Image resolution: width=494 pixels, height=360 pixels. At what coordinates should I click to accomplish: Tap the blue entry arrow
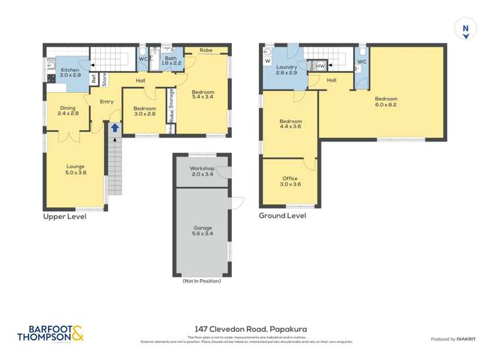tap(115, 128)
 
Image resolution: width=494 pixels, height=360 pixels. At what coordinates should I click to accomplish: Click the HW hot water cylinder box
tap(321, 66)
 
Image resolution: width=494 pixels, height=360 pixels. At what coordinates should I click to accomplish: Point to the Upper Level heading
tap(65, 217)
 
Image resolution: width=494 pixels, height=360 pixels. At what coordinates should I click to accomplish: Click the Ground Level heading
tap(282, 215)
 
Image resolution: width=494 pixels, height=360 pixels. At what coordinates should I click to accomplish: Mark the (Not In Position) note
tap(202, 281)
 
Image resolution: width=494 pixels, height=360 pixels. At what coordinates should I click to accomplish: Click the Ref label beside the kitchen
tap(94, 78)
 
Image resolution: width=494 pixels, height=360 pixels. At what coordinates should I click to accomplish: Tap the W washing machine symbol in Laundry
tap(267, 62)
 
